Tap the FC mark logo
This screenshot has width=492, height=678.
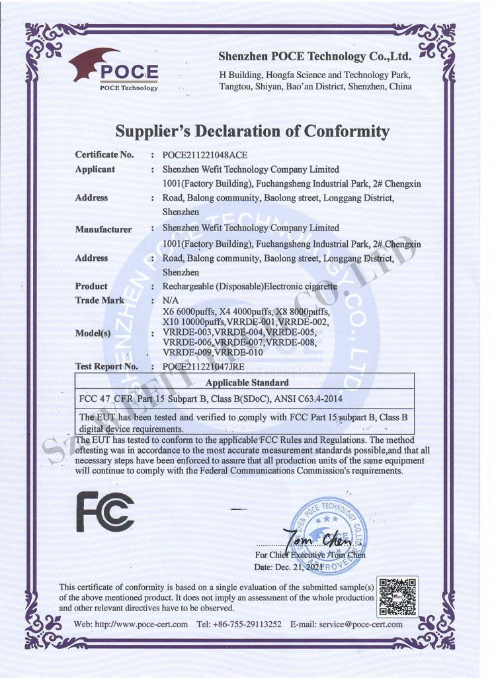pos(105,511)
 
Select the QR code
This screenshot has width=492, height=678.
pos(397,597)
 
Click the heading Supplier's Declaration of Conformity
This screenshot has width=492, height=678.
pos(252,130)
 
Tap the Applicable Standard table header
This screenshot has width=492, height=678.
pos(247,383)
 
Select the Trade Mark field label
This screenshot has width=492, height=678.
pos(101,301)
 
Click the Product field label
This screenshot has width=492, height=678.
pos(91,286)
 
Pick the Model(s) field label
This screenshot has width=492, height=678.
pos(93,333)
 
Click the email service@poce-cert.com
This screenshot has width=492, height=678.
pos(360,624)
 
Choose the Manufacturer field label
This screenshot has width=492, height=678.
pos(103,230)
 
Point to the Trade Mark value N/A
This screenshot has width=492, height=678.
pos(170,301)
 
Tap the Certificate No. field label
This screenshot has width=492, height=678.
pos(104,155)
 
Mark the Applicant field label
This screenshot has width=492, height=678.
pos(95,169)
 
